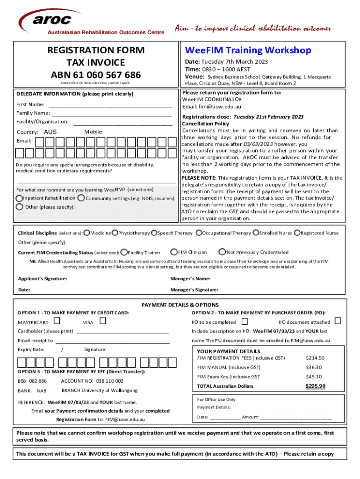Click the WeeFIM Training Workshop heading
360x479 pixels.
[x=248, y=50]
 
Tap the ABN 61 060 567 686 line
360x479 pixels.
[x=96, y=75]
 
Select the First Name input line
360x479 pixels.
[x=110, y=104]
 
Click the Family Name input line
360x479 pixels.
[x=111, y=113]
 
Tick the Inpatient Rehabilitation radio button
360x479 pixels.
[x=19, y=198]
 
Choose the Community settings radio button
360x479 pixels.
[x=81, y=198]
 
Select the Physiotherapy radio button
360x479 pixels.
[x=115, y=233]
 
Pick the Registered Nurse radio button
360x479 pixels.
[x=297, y=233]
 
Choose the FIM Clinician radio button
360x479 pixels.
[x=174, y=252]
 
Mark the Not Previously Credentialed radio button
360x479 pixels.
[x=223, y=252]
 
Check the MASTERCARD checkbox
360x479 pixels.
[x=57, y=321]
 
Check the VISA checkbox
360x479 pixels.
[x=103, y=321]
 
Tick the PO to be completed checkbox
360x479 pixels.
[x=245, y=321]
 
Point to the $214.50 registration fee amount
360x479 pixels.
[x=315, y=358]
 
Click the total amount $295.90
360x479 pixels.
[x=315, y=386]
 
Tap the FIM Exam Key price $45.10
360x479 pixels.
[x=315, y=377]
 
